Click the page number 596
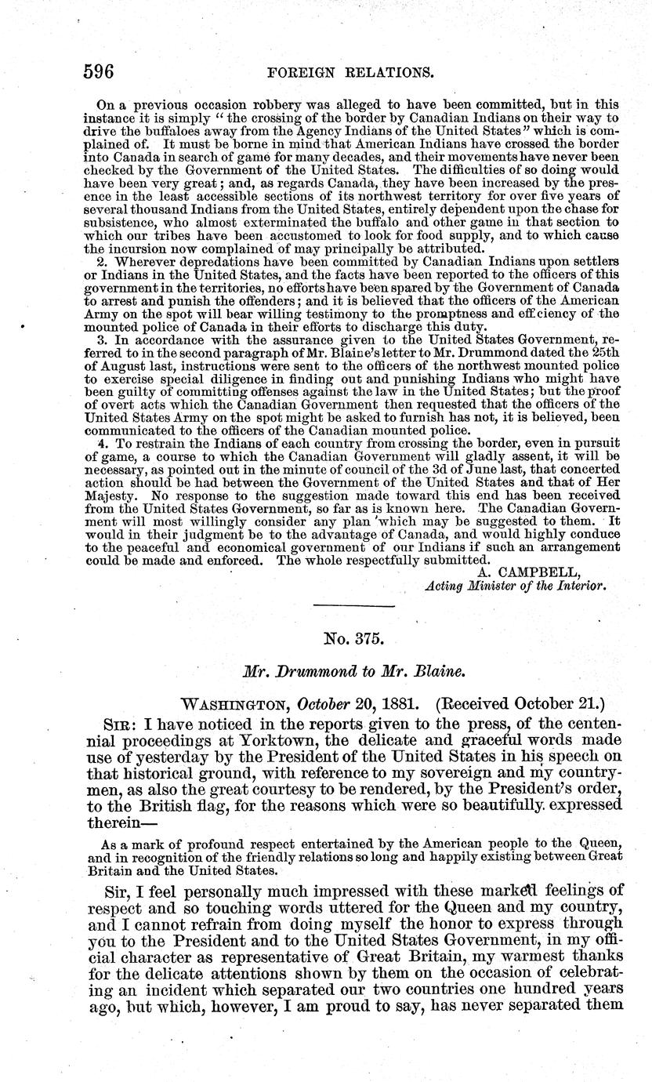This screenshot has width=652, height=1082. pos(100,73)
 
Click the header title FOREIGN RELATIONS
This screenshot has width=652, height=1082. pos(350,74)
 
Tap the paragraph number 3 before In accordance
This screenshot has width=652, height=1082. pos(99,341)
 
